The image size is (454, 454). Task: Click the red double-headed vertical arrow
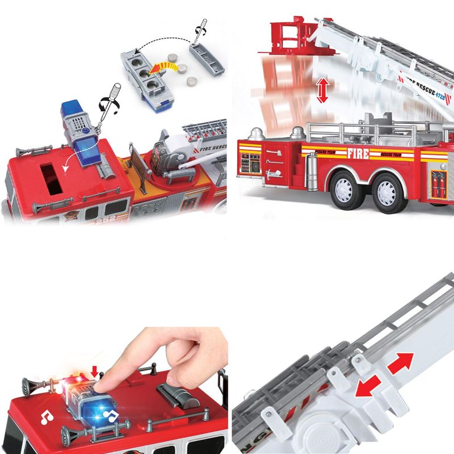click(x=323, y=91)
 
